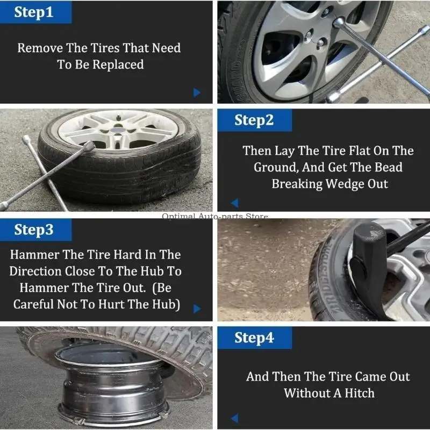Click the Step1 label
click(34, 12)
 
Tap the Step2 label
click(254, 120)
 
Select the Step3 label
click(34, 230)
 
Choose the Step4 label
click(254, 338)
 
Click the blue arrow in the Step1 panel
click(197, 92)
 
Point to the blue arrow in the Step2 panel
click(234, 203)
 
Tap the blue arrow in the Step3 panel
click(197, 309)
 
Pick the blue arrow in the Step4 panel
click(234, 418)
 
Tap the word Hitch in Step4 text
click(358, 393)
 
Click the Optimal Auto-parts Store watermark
click(215, 217)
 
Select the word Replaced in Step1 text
click(118, 64)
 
